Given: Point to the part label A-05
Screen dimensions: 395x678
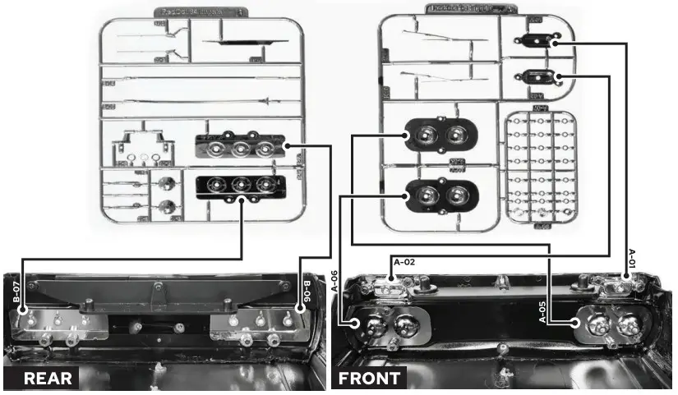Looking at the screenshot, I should click(x=543, y=313).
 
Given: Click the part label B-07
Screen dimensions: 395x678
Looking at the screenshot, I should click(x=16, y=294).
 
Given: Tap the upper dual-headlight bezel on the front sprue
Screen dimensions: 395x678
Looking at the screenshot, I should click(x=435, y=135).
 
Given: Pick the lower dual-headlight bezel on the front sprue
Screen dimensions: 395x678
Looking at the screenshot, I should click(x=435, y=195).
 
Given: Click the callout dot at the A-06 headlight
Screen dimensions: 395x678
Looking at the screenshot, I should click(x=355, y=324).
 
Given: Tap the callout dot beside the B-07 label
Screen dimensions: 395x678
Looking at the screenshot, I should click(x=25, y=313).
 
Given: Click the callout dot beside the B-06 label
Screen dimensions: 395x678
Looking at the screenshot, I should click(x=297, y=313).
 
